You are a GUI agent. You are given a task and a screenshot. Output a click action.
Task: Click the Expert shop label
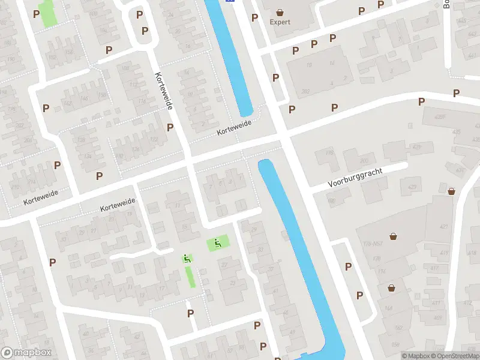point(280,22)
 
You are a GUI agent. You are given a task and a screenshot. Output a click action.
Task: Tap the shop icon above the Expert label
point(280,11)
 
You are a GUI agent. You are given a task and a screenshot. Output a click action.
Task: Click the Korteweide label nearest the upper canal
point(235,127)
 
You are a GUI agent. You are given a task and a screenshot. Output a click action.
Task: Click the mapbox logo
point(26,353)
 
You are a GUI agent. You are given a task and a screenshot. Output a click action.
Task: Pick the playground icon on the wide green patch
point(217,243)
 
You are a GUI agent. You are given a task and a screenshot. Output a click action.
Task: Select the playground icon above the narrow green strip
point(187,259)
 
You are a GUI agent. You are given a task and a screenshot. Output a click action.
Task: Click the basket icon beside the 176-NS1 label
point(393,236)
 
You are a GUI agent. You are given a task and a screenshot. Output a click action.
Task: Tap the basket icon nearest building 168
point(391,287)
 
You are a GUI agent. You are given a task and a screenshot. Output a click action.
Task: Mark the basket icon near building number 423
point(451,191)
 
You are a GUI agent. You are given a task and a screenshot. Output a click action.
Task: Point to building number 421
point(443,226)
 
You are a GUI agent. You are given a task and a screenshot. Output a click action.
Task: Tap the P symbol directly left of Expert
point(254,17)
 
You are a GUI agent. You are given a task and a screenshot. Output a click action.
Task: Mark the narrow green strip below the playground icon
point(190,277)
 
